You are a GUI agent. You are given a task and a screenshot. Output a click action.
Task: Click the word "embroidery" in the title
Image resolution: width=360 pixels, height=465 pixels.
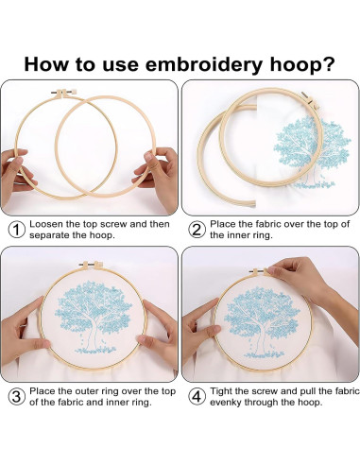tap(203, 64)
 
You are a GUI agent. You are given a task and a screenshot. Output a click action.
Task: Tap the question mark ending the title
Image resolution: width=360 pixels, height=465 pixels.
tap(329, 63)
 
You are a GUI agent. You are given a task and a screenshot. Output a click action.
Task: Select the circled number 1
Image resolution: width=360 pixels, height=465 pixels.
tap(16, 230)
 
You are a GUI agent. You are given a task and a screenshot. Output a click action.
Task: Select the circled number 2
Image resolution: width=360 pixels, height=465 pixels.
tap(197, 230)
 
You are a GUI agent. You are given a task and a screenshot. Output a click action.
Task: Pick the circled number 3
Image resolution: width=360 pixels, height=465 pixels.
tap(16, 396)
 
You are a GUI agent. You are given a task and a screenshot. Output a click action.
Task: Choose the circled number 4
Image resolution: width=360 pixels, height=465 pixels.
tap(197, 396)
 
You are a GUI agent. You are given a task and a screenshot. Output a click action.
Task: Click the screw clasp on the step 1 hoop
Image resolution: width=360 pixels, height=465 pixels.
tap(64, 93)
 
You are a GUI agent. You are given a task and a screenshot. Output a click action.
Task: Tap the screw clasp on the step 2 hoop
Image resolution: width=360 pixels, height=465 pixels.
tap(310, 100)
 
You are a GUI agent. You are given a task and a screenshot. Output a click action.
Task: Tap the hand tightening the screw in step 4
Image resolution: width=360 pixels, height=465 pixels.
tap(302, 277)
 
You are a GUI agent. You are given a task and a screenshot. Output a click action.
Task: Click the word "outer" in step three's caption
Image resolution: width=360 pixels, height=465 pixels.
tap(86, 391)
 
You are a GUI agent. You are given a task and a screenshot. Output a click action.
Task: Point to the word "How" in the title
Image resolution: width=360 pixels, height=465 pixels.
tap(46, 63)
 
